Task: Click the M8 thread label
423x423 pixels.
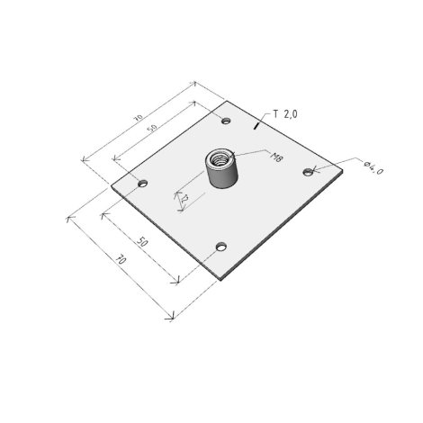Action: [276, 157]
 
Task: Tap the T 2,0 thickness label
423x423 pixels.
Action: [285, 114]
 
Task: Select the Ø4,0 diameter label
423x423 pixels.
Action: [373, 168]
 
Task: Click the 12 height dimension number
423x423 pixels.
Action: [184, 198]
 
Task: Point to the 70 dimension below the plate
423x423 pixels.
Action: [121, 259]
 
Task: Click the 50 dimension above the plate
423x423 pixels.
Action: [152, 128]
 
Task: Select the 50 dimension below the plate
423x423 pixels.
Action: [142, 241]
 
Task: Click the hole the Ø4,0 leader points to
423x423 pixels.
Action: [308, 172]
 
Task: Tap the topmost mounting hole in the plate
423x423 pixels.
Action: [226, 121]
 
